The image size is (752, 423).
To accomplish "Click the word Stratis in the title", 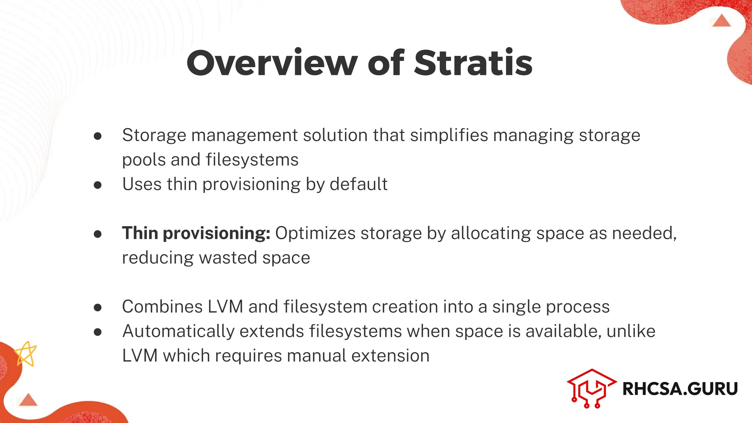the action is point(473,63).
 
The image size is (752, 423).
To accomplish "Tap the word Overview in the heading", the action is point(272,63).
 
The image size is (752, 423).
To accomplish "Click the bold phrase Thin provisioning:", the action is point(196,234).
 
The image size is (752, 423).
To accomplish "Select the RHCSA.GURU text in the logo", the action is point(680,389).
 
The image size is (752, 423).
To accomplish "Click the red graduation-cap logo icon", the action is point(591,388).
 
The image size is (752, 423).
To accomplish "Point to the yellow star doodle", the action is point(26,354).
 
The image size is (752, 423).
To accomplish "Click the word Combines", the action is point(162,307).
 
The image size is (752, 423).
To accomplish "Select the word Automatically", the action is point(178,332).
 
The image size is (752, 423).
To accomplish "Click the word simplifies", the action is point(449,135).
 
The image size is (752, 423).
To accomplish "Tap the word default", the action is point(358,184).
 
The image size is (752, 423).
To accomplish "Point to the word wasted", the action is point(228,258).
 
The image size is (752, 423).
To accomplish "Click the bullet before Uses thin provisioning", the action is point(98,185).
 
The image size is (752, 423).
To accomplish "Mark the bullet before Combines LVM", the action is point(98,307).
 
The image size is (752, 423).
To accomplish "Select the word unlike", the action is point(631,331).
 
